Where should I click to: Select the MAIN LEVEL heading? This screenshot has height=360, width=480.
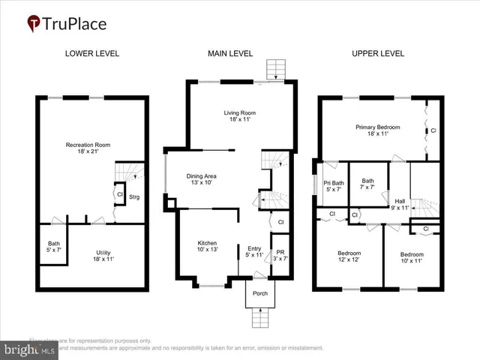pos(230,53)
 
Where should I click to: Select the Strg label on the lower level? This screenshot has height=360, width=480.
pos(134,197)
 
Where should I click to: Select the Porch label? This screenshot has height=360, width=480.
pos(260,293)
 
